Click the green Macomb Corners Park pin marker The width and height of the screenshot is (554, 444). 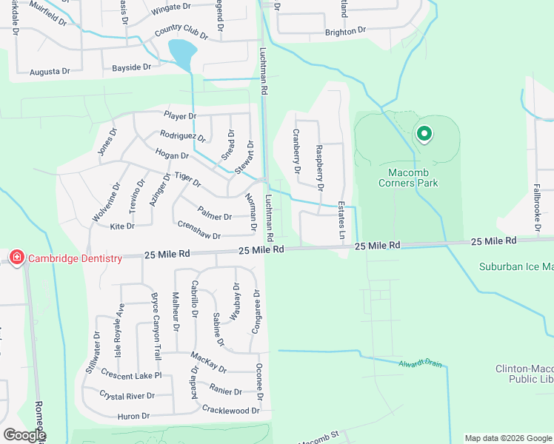point(424,134)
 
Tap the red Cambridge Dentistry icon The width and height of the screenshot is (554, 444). point(16,258)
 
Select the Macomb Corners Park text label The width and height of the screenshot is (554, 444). point(408,178)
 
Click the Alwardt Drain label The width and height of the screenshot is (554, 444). point(419,363)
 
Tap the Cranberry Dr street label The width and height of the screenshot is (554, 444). point(296,151)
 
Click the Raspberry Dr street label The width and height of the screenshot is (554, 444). point(319,168)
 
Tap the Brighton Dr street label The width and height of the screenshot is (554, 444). point(346,31)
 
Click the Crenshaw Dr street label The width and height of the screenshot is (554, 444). point(198,229)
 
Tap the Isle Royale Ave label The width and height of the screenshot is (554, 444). point(118,329)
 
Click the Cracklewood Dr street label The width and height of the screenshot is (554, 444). point(231,409)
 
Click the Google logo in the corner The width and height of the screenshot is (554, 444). point(24,435)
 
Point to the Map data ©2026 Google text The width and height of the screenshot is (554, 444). point(507,438)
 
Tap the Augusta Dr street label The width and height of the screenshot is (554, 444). point(50,72)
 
